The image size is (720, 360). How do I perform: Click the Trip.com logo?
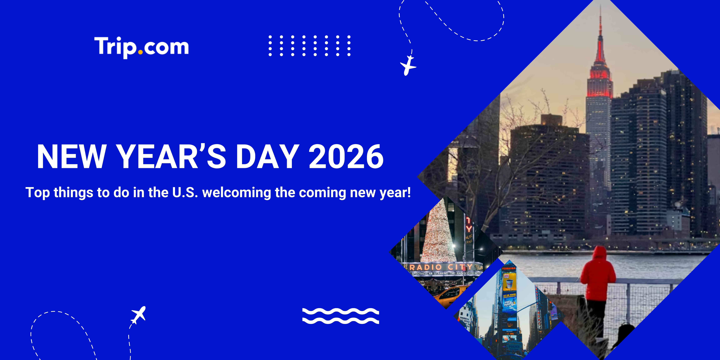(141, 47)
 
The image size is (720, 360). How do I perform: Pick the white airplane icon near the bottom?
(138, 315)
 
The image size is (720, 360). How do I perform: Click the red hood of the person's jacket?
(600, 253)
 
